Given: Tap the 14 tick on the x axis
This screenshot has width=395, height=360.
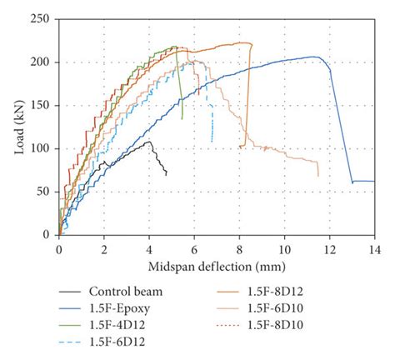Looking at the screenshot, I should (373, 247).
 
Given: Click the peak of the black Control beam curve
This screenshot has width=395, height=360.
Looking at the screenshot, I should (149, 142).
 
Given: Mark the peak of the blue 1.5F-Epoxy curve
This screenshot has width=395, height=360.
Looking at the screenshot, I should (314, 57).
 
